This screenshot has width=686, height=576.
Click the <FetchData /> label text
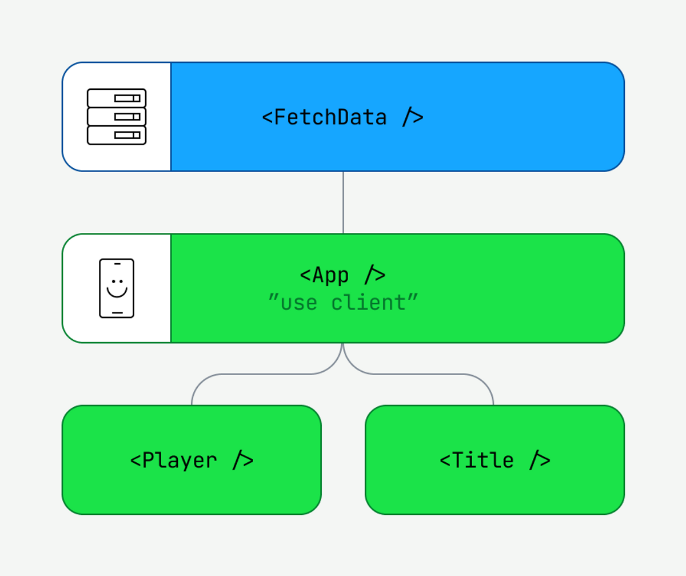tap(342, 117)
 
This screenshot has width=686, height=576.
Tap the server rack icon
tap(117, 117)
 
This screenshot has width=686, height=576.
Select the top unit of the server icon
tap(117, 98)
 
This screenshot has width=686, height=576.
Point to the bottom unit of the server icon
tap(117, 136)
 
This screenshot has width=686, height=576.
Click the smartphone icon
tap(117, 288)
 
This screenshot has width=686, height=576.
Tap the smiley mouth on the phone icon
tap(117, 292)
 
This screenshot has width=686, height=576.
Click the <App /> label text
tap(342, 275)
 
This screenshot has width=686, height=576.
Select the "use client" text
tap(343, 302)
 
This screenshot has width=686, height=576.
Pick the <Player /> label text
tap(192, 460)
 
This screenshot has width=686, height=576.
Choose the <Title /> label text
tap(494, 460)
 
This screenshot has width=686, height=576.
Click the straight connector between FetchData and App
tap(343, 202)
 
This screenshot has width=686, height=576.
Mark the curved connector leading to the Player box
tap(252, 374)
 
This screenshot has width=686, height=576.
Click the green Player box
tap(192, 486)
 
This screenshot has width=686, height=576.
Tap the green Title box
tap(494, 486)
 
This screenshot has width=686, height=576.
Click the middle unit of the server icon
tap(117, 117)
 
